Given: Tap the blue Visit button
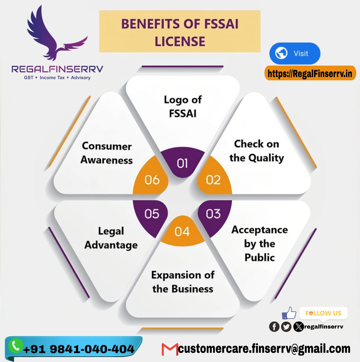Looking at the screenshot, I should pos(295,53).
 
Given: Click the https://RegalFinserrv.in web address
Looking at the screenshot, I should pos(310,74).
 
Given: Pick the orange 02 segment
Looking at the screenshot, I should pos(213,179).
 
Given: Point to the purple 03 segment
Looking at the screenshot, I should pos(213,214).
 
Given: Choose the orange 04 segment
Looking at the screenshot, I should pos(182,231).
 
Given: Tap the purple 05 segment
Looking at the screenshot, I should pos(152,214).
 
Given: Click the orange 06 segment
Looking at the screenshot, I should pos(152,180).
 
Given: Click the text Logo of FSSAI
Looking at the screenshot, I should pos(183,106).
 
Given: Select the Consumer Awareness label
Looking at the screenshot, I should pos(107,153).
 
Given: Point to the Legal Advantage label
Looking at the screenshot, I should pos(111,238).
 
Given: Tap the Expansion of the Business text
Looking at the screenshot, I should pos(183,282).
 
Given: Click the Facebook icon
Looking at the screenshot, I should pos(274,327).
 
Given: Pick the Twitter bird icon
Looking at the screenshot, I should pos(286,327).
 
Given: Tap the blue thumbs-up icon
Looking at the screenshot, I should pos(289,313).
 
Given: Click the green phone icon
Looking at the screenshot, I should pos(16,345).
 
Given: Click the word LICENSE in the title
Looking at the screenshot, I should pos(180,41).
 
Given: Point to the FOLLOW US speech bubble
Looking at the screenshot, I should pos(323,313).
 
